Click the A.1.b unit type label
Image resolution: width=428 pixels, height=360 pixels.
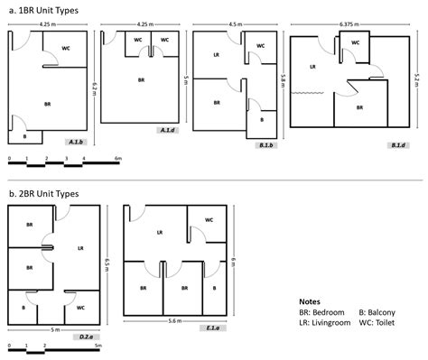(x=77, y=142)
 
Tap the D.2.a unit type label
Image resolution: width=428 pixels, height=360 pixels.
(x=88, y=337)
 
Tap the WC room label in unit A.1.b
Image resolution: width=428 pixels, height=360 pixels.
(x=67, y=49)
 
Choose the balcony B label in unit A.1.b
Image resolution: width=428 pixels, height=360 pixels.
(x=24, y=136)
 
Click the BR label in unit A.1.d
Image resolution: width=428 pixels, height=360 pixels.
(x=142, y=79)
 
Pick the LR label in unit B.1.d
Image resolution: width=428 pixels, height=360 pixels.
(x=312, y=66)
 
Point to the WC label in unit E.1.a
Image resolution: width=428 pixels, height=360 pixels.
(x=209, y=219)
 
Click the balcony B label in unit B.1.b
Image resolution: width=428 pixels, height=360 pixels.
(x=262, y=118)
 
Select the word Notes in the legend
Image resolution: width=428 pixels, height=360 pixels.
(x=310, y=300)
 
